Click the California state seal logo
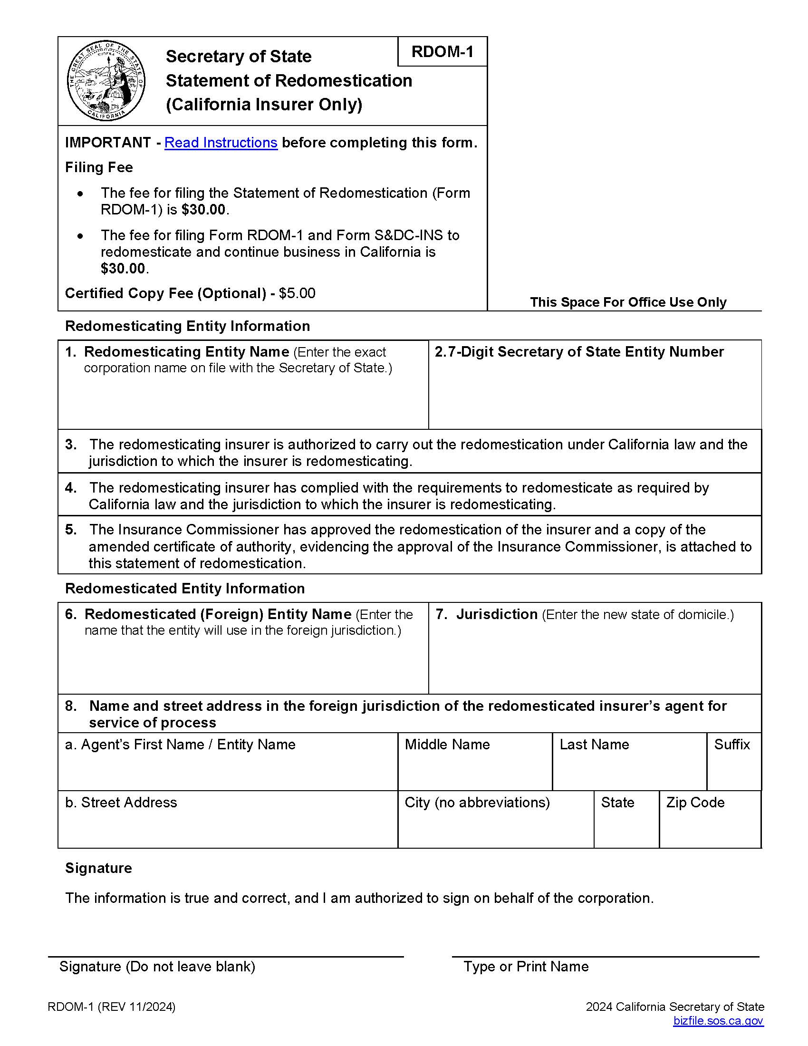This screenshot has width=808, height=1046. point(106,80)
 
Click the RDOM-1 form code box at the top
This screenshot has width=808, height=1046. point(442,51)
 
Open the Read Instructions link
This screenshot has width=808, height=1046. point(221,143)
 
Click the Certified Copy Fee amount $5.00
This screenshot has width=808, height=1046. point(297,293)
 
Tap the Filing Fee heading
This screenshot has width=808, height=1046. point(98,167)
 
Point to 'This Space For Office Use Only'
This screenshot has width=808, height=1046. point(627,302)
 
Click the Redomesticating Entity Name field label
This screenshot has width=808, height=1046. point(187,352)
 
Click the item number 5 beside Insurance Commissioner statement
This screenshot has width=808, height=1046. point(71,530)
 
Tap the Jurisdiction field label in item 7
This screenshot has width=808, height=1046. point(496,614)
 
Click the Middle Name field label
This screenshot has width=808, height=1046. point(447,744)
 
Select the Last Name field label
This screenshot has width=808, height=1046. point(594,744)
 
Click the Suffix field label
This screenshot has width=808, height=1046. point(731,744)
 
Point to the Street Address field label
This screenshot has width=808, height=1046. point(121,802)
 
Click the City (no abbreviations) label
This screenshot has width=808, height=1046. point(477,802)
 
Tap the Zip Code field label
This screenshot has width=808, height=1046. point(695,802)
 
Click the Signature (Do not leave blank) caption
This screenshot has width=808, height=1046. point(157,967)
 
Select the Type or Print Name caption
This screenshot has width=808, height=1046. point(526,967)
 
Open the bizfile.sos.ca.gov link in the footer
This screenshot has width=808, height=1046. point(718,1021)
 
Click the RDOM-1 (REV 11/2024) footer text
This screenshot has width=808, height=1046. point(112,1007)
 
